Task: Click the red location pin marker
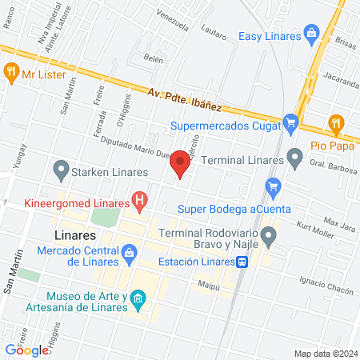click(x=181, y=163)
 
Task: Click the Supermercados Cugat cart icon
click(x=290, y=124)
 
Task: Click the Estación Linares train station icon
click(x=241, y=261)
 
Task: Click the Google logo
click(x=27, y=350)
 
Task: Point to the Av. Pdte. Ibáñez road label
click(x=184, y=99)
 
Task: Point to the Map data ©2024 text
click(x=324, y=353)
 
